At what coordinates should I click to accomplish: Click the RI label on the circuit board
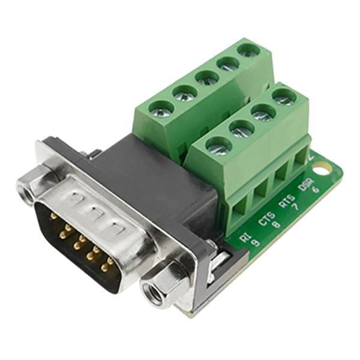click(245, 238)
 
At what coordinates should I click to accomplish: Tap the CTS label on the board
click(267, 219)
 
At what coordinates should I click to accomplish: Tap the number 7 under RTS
click(296, 207)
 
